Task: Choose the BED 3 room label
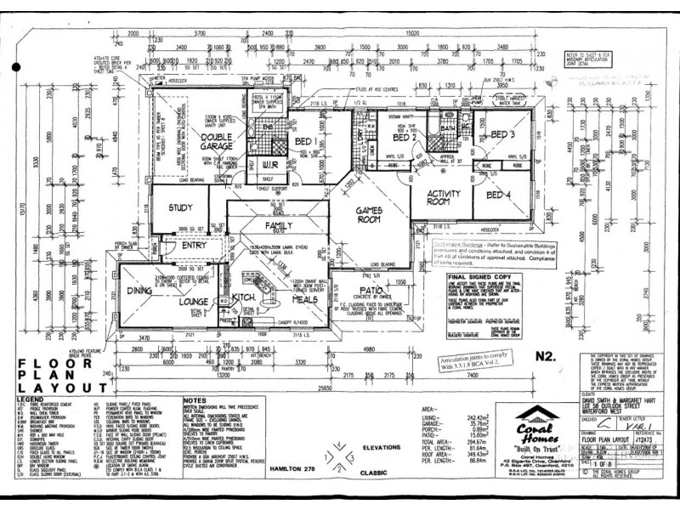pos(502,134)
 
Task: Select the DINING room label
pos(139,291)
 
